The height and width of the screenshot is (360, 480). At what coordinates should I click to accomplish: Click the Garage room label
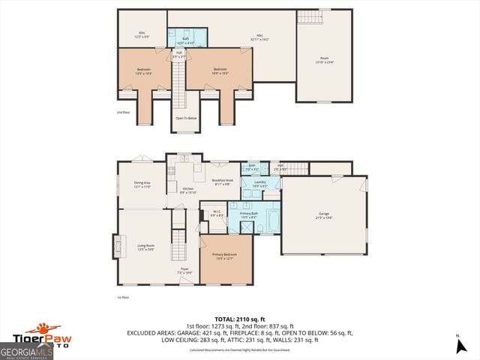[323, 215]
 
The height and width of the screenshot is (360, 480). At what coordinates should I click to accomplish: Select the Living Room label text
[145, 247]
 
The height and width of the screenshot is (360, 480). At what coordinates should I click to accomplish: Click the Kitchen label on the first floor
[188, 190]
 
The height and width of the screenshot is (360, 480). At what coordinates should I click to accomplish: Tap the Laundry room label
[260, 183]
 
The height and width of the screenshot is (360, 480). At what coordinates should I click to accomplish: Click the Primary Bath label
[249, 214]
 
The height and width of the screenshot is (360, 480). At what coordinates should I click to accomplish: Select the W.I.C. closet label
[216, 213]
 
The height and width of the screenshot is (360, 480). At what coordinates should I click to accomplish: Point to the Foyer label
[184, 270]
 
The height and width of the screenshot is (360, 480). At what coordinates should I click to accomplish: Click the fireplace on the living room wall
[115, 245]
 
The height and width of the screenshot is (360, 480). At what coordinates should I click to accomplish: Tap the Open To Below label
[186, 118]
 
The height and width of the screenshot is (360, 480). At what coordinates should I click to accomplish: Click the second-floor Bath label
[180, 42]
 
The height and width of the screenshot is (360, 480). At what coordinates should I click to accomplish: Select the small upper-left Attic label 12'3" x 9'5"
[142, 34]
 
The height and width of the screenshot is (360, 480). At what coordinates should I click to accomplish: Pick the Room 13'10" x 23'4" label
[324, 61]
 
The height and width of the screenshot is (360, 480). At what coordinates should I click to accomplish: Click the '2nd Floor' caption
[123, 112]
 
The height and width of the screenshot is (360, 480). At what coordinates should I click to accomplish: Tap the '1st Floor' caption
[124, 297]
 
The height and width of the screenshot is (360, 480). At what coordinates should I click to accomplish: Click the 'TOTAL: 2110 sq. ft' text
[240, 318]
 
